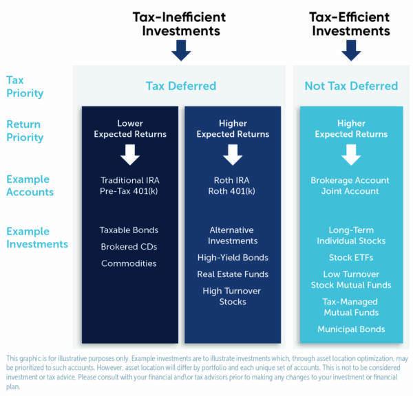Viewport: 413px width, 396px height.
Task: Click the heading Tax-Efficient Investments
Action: click(x=350, y=23)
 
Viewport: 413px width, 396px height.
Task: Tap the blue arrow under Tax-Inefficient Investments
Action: click(x=180, y=50)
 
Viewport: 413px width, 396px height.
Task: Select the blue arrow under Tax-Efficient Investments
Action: click(x=351, y=50)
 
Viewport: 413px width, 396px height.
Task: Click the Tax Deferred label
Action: click(x=181, y=86)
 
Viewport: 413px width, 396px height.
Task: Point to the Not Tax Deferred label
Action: click(x=351, y=86)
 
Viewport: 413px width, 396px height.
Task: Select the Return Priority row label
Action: click(x=25, y=131)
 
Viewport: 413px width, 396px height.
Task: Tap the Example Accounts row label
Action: click(x=30, y=186)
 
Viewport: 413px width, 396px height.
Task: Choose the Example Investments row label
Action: click(x=37, y=237)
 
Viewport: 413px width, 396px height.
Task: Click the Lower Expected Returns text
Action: click(x=130, y=129)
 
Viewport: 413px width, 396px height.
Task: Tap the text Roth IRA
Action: click(x=233, y=180)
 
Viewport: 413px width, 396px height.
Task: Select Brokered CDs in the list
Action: click(x=129, y=247)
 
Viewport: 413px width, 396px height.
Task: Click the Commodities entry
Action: click(x=129, y=263)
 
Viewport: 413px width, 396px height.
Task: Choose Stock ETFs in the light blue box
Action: click(x=351, y=258)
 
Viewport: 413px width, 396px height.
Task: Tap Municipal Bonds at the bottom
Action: click(x=351, y=329)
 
